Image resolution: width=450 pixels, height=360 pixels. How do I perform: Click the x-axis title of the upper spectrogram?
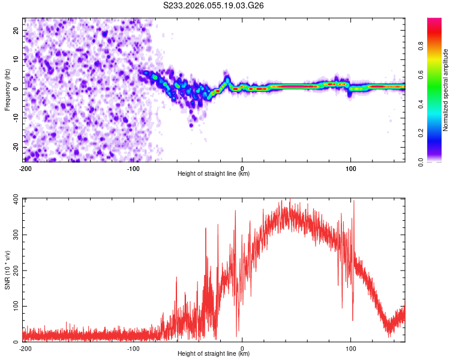(214, 174)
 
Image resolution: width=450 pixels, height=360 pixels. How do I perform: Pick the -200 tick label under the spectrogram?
(25, 168)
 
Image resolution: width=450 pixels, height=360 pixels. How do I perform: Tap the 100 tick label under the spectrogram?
(351, 168)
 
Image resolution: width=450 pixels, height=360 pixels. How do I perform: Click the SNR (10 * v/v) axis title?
(7, 270)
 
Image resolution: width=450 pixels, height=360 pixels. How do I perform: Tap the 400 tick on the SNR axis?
(15, 199)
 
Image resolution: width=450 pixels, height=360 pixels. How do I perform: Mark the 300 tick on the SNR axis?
(15, 235)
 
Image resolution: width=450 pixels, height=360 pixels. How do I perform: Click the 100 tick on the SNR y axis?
(15, 307)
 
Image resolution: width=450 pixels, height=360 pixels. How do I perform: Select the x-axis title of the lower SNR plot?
(214, 354)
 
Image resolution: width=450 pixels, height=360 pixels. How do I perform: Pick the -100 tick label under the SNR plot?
(133, 348)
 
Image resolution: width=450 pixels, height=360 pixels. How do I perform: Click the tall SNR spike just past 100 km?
(354, 202)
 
